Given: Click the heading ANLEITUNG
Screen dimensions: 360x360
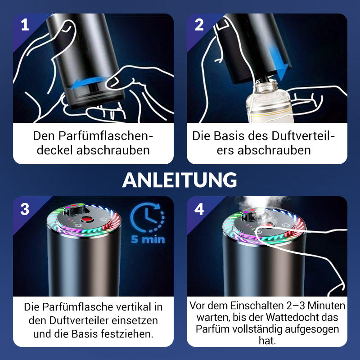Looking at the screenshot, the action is [x=180, y=180].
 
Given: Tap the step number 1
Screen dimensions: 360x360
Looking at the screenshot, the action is [x=25, y=25].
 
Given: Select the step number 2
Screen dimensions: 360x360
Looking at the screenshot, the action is [x=199, y=25].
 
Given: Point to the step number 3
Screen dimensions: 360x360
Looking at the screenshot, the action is [x=25, y=209].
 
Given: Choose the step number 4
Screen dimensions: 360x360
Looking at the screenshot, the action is [x=199, y=209].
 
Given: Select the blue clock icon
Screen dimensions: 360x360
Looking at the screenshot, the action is [x=148, y=217].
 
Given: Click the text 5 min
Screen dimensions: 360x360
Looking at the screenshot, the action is [x=148, y=239].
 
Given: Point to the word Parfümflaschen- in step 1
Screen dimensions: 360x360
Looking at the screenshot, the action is [x=93, y=136].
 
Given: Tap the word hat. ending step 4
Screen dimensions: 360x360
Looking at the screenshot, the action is [x=267, y=341].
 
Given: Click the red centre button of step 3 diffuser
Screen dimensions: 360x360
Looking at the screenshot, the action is [x=86, y=219].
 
